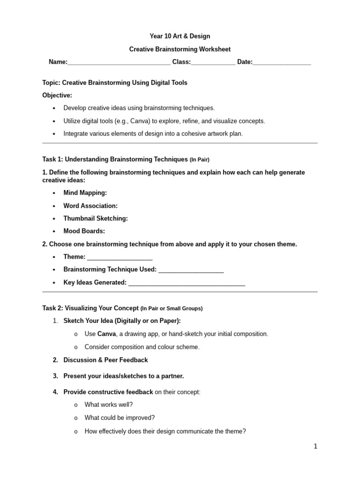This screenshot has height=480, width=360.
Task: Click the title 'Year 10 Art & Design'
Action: point(180,36)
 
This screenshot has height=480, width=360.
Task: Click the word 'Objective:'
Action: point(57,95)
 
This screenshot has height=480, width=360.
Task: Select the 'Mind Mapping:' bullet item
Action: point(85,193)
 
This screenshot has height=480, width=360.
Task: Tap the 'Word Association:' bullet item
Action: point(90,205)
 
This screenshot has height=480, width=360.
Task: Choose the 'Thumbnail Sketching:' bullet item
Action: point(96,218)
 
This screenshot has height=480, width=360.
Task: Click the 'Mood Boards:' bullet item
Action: point(84,231)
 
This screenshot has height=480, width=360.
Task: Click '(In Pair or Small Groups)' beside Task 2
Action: point(172,309)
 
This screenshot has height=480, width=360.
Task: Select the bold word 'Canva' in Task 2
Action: point(106,334)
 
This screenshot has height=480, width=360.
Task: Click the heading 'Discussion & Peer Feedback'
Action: point(105,360)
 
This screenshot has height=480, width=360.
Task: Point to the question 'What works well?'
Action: point(108,405)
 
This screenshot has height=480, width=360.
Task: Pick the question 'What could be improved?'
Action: point(120,418)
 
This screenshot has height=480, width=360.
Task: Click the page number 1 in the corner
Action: point(315,447)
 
